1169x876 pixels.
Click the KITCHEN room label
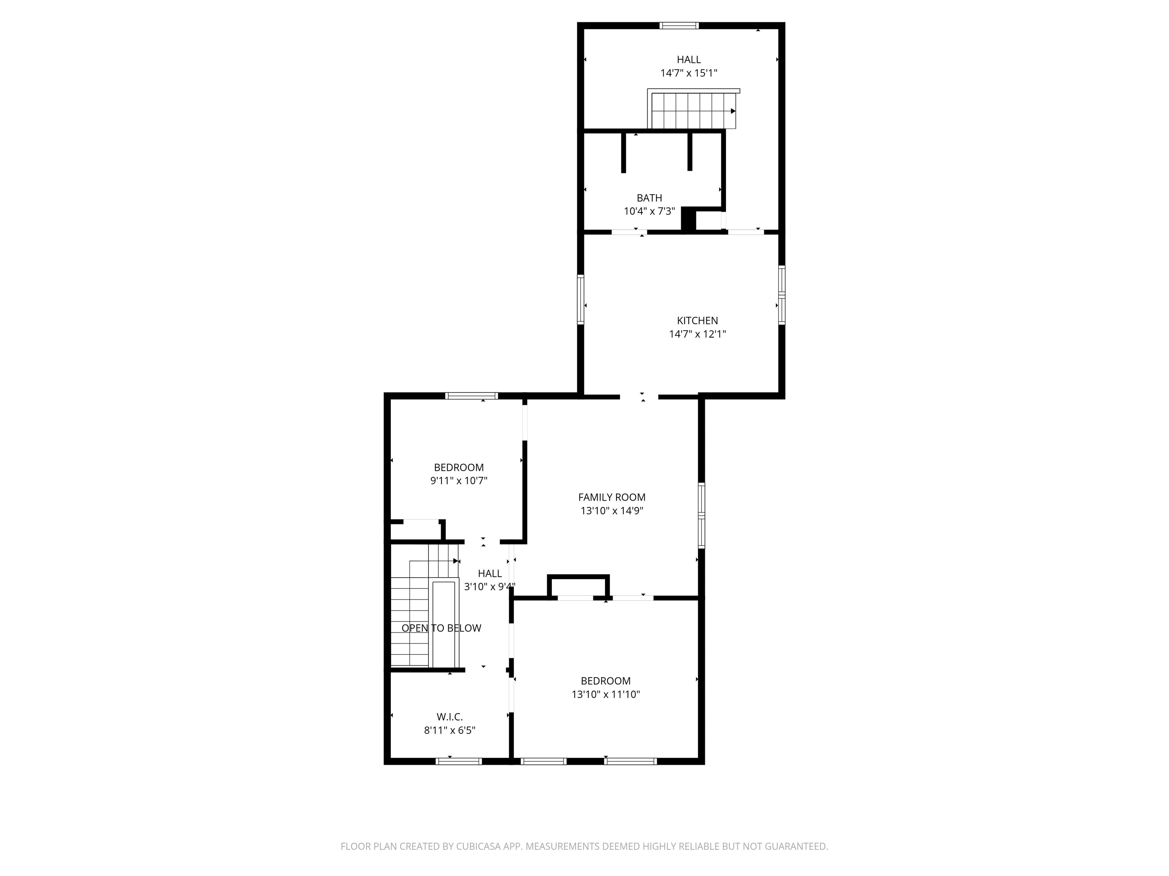[697, 321]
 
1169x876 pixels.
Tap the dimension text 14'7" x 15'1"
[689, 73]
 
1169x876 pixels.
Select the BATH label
[649, 198]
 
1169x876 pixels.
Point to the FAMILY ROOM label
[612, 497]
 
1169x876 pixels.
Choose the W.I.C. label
[449, 717]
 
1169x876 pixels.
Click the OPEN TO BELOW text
[441, 628]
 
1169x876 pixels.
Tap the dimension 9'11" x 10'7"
[459, 481]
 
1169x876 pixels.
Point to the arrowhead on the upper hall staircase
[733, 111]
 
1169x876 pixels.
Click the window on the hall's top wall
[679, 25]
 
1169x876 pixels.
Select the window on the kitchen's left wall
[580, 299]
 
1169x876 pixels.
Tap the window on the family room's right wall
[701, 515]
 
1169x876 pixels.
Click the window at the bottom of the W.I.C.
[458, 761]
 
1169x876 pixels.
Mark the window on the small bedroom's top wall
[471, 395]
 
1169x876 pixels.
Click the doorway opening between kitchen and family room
[639, 396]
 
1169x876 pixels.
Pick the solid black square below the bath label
[688, 219]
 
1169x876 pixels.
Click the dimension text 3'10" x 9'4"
[489, 586]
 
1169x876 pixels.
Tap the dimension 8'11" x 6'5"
[449, 730]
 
